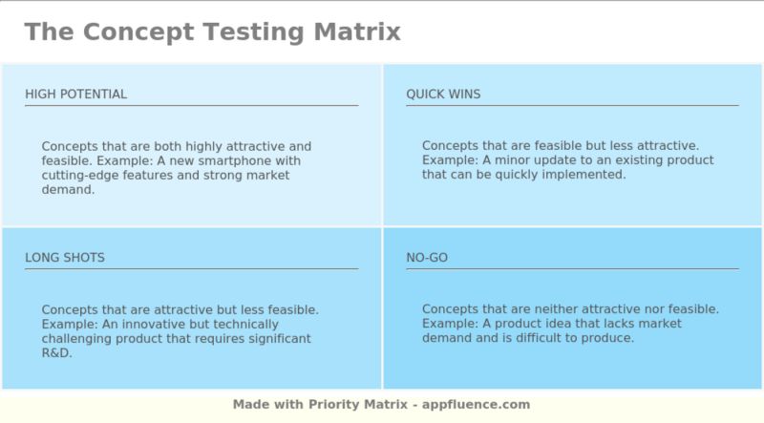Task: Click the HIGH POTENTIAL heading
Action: pyautogui.click(x=75, y=94)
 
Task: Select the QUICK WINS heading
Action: pyautogui.click(x=443, y=94)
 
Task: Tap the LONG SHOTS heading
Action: pyautogui.click(x=65, y=258)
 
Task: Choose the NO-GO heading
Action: pyautogui.click(x=427, y=258)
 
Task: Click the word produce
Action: pyautogui.click(x=606, y=338)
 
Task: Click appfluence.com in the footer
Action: pyautogui.click(x=477, y=405)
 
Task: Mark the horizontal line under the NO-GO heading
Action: pyautogui.click(x=572, y=268)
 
